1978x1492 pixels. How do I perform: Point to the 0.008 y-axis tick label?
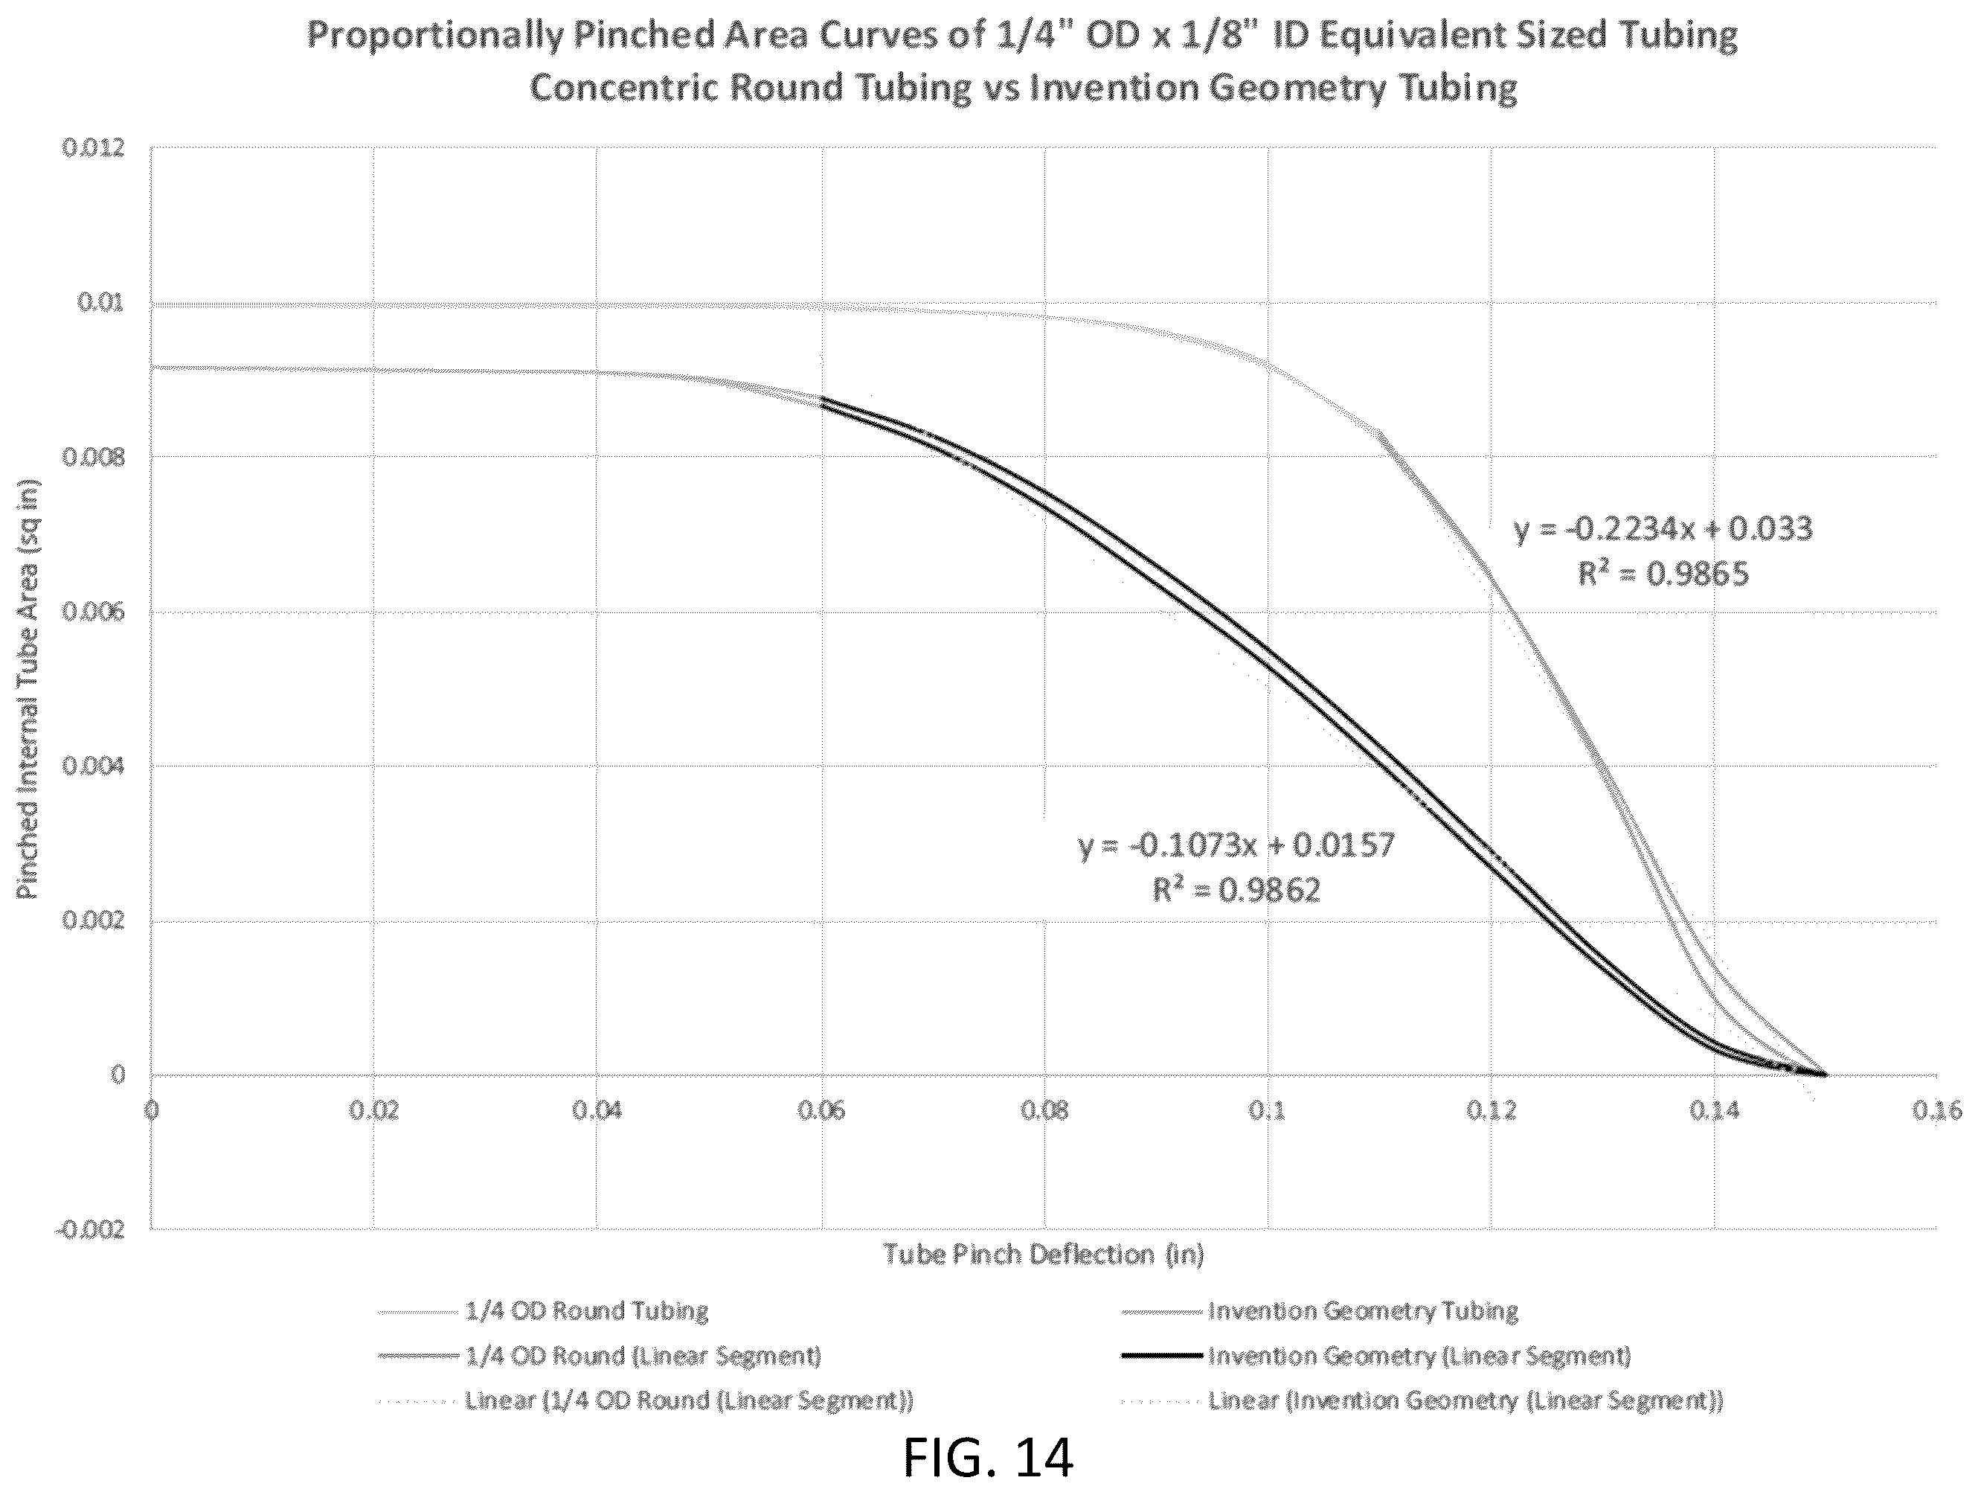coord(93,457)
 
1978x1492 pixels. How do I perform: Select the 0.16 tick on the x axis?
coord(1937,1111)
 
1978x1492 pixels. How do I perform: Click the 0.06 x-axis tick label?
coord(821,1111)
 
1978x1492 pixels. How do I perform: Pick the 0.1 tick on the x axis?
coord(1267,1111)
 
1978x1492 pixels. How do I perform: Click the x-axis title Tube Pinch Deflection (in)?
coord(1044,1255)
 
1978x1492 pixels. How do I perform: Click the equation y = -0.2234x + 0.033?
coord(1663,528)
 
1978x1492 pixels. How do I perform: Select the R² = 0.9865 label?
coord(1663,574)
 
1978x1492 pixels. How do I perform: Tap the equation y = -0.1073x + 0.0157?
coord(1236,845)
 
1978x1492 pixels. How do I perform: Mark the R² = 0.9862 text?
coord(1236,890)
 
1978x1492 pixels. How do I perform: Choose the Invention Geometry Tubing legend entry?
coord(1363,1311)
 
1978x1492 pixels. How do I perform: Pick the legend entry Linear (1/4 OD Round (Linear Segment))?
coord(689,1400)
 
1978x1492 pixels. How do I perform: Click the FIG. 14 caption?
coord(988,1457)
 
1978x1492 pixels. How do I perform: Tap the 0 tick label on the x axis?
coord(151,1111)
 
